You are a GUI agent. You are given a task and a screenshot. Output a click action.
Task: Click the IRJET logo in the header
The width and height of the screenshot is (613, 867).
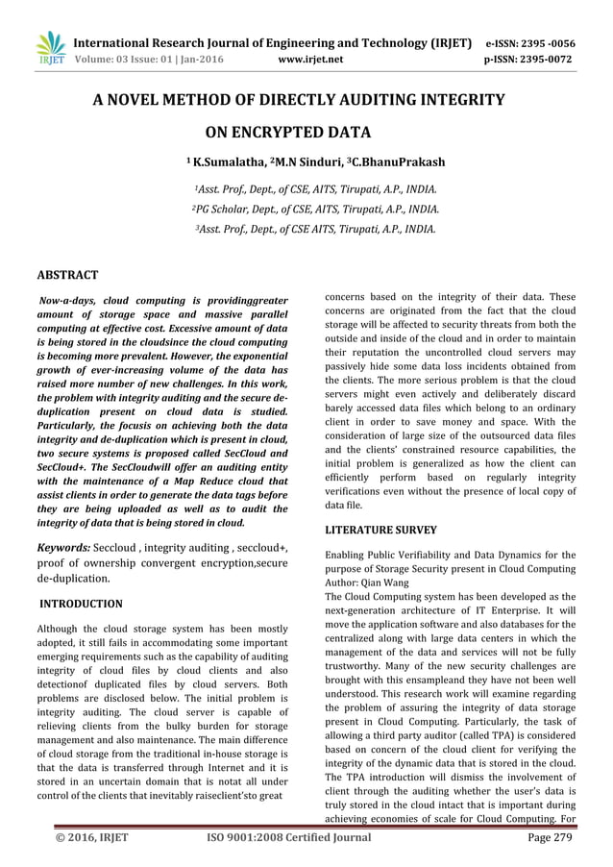50,49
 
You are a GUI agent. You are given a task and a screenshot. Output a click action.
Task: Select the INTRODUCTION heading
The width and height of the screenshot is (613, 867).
81,604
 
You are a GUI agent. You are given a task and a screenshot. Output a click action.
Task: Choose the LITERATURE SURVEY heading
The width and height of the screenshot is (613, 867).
381,530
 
